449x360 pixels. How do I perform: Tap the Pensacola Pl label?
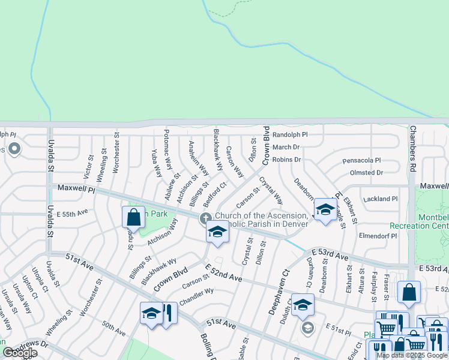[x=361, y=161]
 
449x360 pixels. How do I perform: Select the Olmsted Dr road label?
[x=366, y=173]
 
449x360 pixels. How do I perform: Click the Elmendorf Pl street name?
[x=378, y=236]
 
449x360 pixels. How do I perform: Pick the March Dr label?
[x=286, y=147]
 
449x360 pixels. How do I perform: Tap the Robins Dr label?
[x=286, y=160]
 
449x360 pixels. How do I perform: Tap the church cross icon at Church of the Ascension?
[x=205, y=218]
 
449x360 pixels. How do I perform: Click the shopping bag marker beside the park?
[x=133, y=217]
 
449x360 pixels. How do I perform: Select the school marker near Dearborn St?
[x=325, y=210]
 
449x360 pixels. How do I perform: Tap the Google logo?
[x=20, y=353]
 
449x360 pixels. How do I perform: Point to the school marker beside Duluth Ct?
[x=303, y=304]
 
